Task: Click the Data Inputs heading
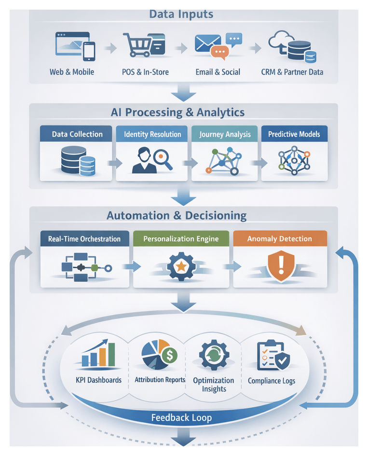point(181,14)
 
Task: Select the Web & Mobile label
point(72,72)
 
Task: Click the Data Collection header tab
point(77,134)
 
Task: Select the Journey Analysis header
point(225,134)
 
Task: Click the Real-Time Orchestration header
point(84,239)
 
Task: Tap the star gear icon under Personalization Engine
point(180,266)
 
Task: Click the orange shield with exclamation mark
point(280,267)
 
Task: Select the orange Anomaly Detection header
point(280,239)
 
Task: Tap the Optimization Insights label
point(213,385)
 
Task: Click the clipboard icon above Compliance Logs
point(268,355)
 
